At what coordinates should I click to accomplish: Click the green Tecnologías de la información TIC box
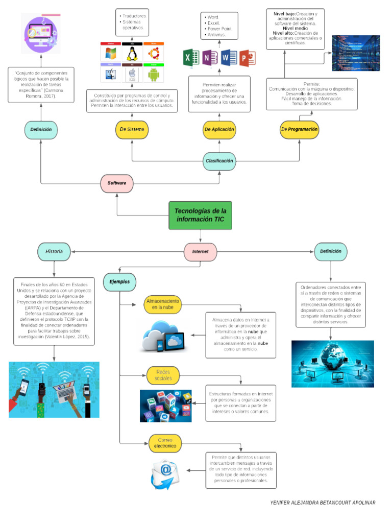click(x=200, y=216)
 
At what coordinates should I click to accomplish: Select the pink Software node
click(x=116, y=182)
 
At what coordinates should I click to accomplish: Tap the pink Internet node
click(x=200, y=252)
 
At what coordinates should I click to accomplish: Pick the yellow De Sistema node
click(x=132, y=130)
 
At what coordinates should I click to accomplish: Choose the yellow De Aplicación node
click(x=219, y=130)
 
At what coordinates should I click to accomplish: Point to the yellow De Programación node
click(x=300, y=130)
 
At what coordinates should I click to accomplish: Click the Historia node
click(x=54, y=251)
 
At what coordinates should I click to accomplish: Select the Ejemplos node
click(x=119, y=281)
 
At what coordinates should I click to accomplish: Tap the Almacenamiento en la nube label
click(x=163, y=304)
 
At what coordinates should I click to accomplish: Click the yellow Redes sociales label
click(x=163, y=375)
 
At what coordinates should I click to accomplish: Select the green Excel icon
click(x=190, y=58)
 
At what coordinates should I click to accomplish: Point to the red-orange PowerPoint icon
click(x=247, y=58)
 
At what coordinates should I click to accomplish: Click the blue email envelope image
click(x=165, y=473)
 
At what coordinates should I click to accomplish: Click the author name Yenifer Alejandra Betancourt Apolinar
click(x=323, y=503)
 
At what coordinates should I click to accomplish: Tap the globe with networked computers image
click(x=332, y=363)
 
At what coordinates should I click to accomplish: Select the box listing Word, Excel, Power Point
click(x=219, y=26)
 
